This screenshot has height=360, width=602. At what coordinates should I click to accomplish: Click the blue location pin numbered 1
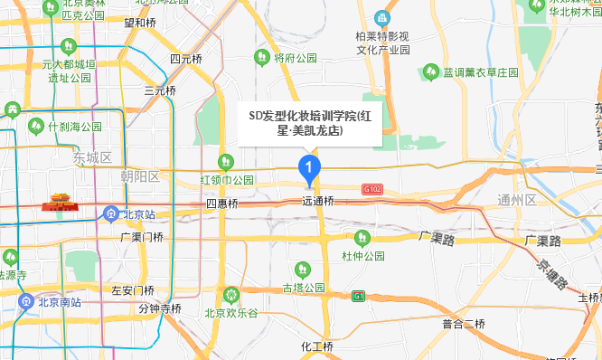point(309,167)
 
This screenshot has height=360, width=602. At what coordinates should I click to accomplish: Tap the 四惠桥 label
point(221,204)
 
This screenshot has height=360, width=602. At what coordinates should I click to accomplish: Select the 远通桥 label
point(317,202)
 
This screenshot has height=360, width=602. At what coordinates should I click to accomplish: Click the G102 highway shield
point(372,189)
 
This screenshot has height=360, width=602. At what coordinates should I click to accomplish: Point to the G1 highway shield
point(359,295)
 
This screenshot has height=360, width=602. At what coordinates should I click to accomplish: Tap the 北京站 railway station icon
point(110,214)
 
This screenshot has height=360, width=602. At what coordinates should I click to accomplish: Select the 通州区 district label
point(517,200)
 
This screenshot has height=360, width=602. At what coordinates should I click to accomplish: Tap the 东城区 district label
point(93,157)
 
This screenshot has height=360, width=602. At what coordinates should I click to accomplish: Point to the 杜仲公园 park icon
point(362,239)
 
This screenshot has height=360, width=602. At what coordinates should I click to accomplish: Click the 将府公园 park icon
point(261,58)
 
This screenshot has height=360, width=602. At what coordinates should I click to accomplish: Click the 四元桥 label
point(186,59)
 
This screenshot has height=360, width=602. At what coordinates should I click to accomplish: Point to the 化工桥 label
point(317,346)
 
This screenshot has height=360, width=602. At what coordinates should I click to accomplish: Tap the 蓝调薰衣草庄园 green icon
point(430,71)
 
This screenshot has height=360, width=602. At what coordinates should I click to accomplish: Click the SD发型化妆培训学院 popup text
point(309,123)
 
